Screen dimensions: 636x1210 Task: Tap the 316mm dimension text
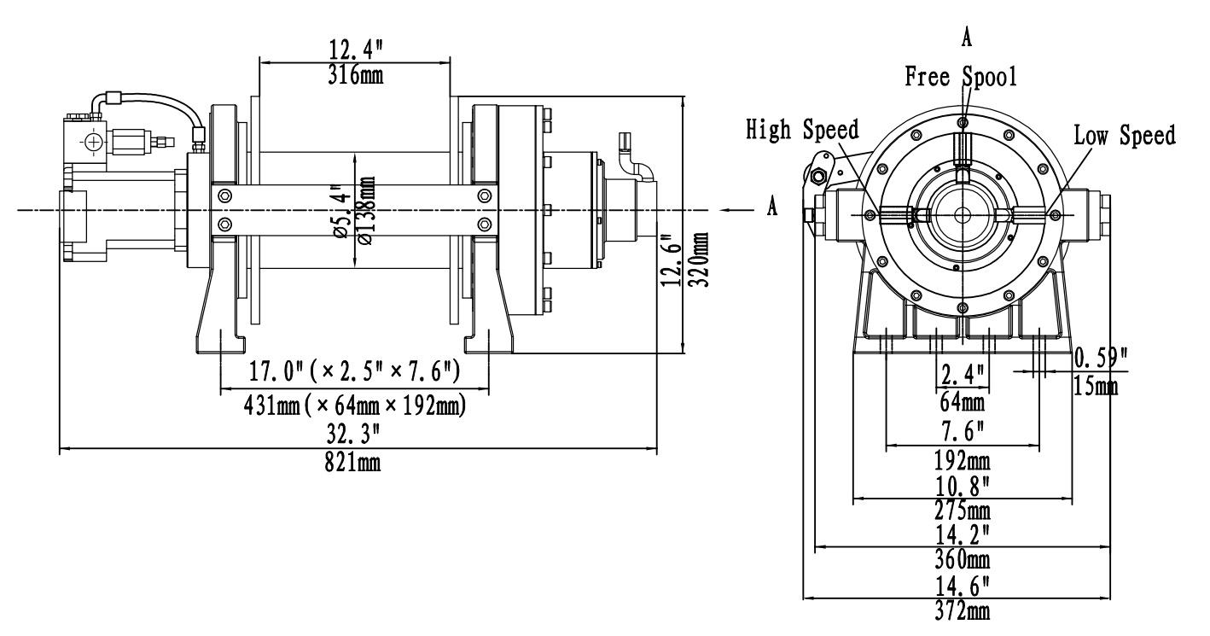coord(355,74)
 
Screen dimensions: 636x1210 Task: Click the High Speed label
coord(802,130)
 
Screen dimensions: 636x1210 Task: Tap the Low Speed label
coord(1124,134)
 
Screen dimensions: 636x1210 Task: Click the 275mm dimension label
coord(963,511)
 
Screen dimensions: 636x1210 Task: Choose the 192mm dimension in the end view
coord(963,462)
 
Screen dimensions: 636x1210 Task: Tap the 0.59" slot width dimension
coord(1099,356)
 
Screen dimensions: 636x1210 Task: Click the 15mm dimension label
coord(1096,387)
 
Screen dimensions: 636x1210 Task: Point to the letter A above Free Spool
coord(967,38)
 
